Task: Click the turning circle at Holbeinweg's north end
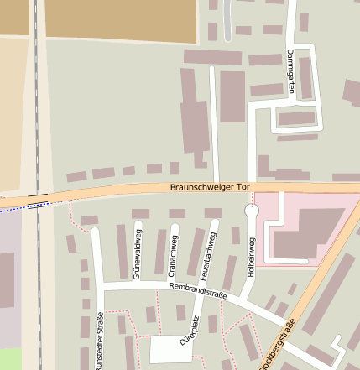[251, 212]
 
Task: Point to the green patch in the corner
[9, 359]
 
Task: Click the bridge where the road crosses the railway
[37, 201]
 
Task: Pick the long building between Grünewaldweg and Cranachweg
[159, 251]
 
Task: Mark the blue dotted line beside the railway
[17, 206]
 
